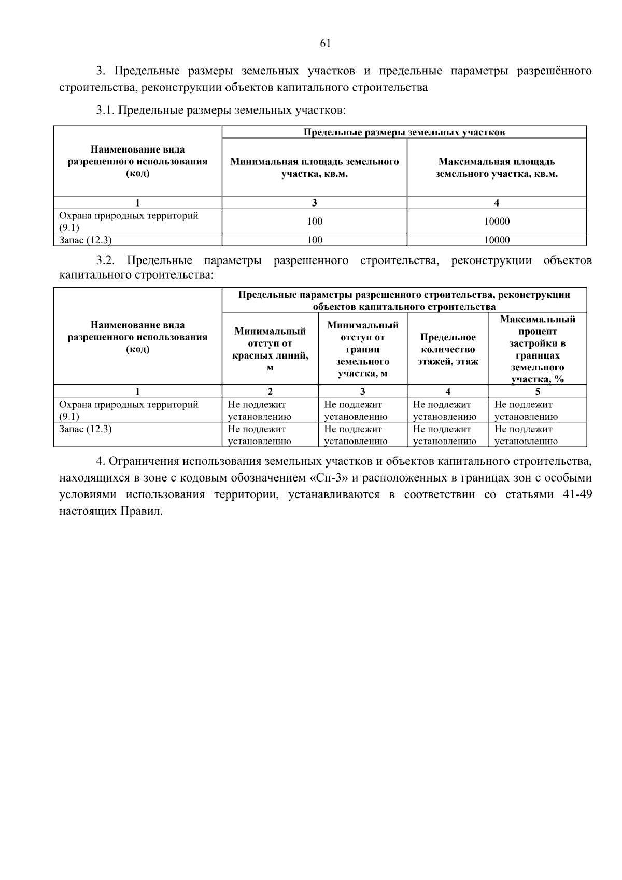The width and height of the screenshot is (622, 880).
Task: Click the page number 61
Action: [325, 44]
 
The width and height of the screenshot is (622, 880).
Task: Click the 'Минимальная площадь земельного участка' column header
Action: [314, 168]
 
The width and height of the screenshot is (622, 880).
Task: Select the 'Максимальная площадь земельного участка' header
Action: [496, 168]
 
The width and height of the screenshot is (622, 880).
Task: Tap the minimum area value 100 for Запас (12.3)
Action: [314, 240]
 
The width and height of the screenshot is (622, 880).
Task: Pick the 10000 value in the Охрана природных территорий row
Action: [496, 222]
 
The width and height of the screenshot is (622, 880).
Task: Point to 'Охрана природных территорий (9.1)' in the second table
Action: [128, 410]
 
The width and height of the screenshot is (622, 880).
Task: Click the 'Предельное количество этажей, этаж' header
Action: [448, 349]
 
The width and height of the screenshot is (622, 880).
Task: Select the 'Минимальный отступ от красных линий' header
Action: [270, 349]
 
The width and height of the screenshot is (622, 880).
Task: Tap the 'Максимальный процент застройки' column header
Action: [538, 349]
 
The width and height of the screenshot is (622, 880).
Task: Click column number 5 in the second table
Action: [538, 392]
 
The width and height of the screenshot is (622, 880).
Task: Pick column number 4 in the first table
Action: [496, 203]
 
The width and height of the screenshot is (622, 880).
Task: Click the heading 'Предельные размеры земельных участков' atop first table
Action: [404, 132]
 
